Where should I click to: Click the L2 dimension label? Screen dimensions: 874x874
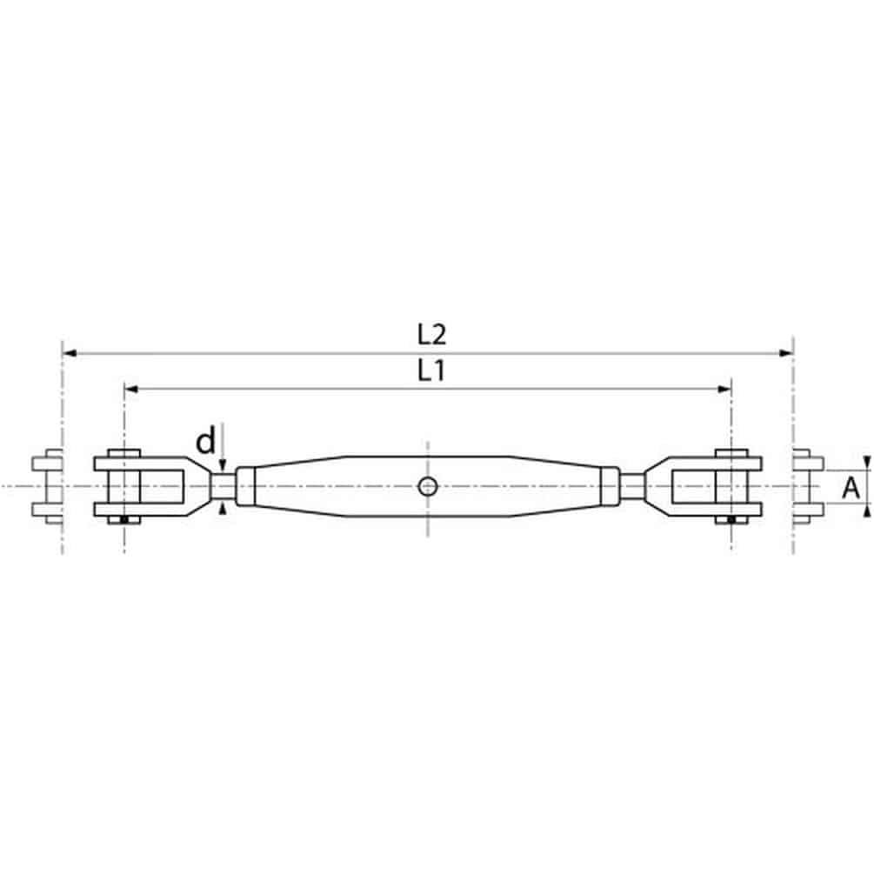(x=432, y=335)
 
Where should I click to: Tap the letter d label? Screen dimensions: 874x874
(x=206, y=441)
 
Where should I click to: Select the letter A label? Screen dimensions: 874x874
(x=851, y=488)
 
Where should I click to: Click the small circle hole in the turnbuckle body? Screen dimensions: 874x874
(x=428, y=487)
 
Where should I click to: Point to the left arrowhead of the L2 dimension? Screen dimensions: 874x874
(x=70, y=353)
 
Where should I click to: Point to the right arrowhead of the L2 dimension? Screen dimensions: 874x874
(x=786, y=353)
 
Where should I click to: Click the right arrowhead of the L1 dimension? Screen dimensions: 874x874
(x=724, y=389)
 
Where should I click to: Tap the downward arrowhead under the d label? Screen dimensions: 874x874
(x=223, y=465)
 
